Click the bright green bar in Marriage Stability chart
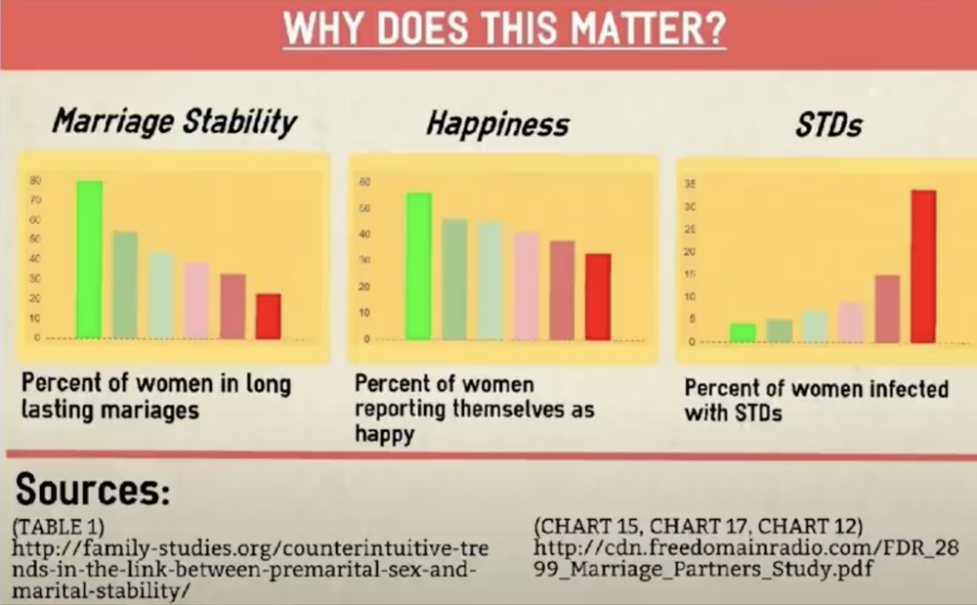(89, 260)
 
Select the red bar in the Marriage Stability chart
(268, 316)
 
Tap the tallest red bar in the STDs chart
(923, 266)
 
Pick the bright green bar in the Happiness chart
(418, 266)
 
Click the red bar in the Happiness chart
(597, 296)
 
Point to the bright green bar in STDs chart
(743, 332)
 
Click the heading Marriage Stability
(174, 122)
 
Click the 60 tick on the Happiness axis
(364, 182)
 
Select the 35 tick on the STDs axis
(691, 184)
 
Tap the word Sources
(93, 489)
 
